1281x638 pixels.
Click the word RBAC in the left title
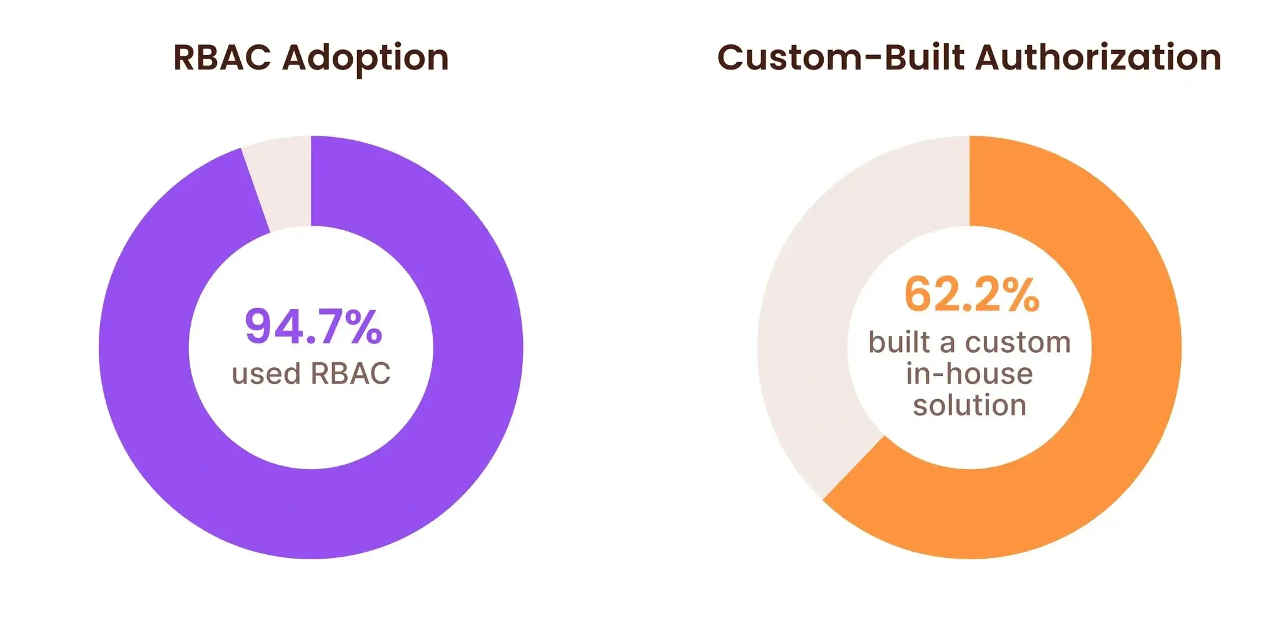(222, 58)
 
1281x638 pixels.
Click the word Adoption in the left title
(365, 59)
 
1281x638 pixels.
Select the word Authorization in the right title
(1098, 58)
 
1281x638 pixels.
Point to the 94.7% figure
(313, 327)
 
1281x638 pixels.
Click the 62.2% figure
(971, 295)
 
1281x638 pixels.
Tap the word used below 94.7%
(266, 374)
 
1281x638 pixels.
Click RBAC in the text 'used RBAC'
(350, 374)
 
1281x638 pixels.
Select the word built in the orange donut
(899, 343)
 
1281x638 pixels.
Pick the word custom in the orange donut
(1018, 343)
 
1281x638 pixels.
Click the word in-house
(970, 374)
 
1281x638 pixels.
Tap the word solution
(970, 405)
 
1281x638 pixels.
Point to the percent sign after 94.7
(364, 327)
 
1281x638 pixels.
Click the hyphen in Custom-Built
(874, 59)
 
